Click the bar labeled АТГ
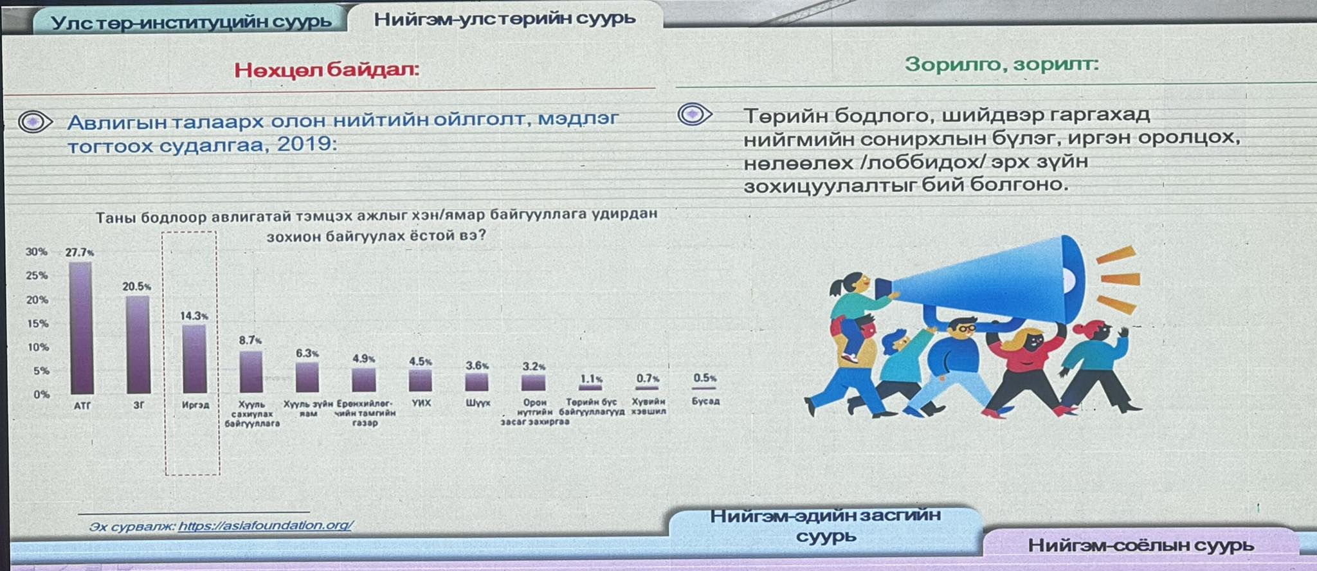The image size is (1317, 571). (x=81, y=328)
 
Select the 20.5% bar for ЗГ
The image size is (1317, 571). (x=138, y=345)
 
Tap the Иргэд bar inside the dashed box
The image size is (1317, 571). (x=194, y=359)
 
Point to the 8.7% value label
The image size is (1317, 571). (x=250, y=340)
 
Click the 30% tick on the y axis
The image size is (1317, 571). (x=37, y=252)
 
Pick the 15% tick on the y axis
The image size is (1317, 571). (x=37, y=323)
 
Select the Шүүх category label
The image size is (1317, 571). (x=478, y=403)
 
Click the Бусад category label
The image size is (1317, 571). (x=705, y=401)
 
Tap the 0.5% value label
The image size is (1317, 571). (x=705, y=378)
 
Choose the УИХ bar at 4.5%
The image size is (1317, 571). (x=421, y=380)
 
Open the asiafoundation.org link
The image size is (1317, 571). (x=265, y=525)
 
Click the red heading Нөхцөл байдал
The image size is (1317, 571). (x=326, y=69)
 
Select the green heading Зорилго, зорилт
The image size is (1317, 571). (x=1001, y=64)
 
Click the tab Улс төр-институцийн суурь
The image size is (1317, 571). (x=191, y=22)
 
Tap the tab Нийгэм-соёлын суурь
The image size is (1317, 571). (x=1140, y=545)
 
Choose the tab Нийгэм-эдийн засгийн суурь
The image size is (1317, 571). (x=826, y=525)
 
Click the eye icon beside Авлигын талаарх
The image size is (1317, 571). (x=35, y=122)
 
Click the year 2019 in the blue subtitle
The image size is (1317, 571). (x=306, y=144)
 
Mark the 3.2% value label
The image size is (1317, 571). (x=534, y=367)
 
